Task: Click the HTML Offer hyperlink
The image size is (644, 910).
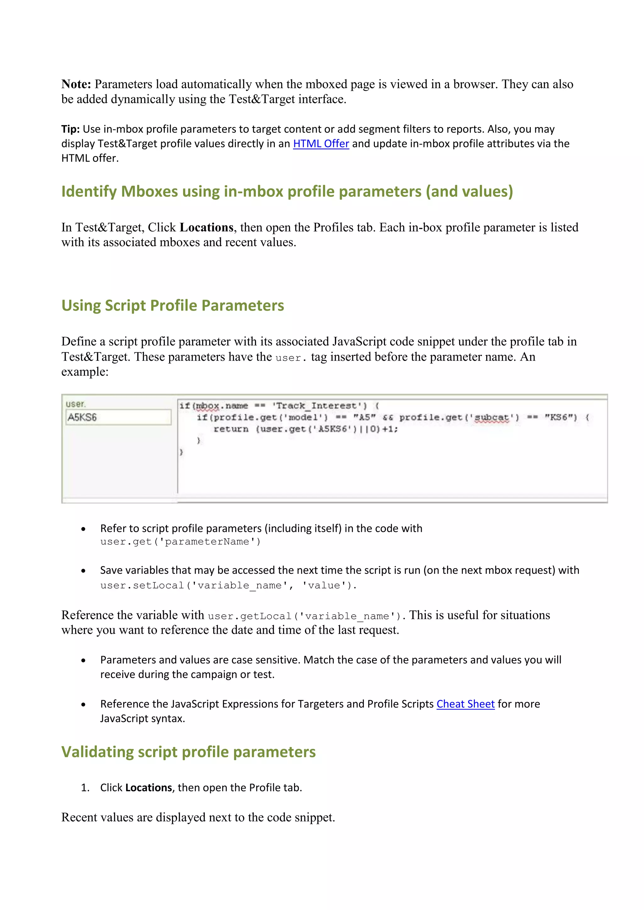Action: pyautogui.click(x=321, y=144)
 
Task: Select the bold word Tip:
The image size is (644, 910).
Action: pyautogui.click(x=70, y=129)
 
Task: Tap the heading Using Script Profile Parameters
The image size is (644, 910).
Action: pyautogui.click(x=173, y=305)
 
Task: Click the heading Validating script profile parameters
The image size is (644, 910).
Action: pyautogui.click(x=188, y=752)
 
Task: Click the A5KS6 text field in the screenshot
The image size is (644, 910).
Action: pyautogui.click(x=118, y=417)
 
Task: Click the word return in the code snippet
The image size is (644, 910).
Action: pyautogui.click(x=231, y=429)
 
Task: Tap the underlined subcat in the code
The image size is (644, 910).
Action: pyautogui.click(x=492, y=417)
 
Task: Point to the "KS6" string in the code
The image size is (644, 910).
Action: pyautogui.click(x=561, y=417)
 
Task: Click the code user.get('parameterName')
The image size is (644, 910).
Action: pyautogui.click(x=180, y=542)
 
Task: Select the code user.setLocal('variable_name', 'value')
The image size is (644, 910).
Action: pyautogui.click(x=228, y=585)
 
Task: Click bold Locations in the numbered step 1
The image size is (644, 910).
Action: pyautogui.click(x=148, y=787)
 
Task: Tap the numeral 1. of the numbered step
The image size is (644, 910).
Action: pyautogui.click(x=85, y=787)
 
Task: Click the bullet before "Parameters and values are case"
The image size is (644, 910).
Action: pyautogui.click(x=83, y=660)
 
